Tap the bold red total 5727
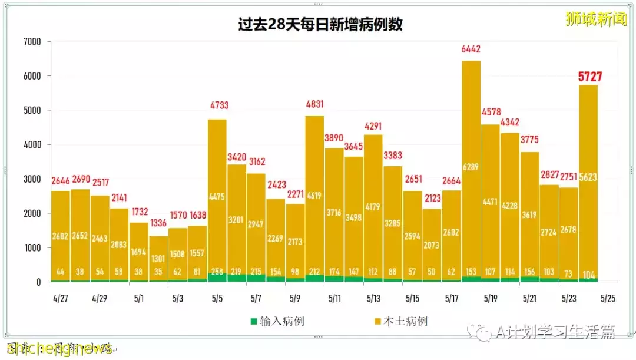(589, 77)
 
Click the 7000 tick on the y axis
(32, 42)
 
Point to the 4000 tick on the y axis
(32, 145)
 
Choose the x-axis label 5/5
(217, 299)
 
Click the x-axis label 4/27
(60, 299)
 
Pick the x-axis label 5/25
(608, 299)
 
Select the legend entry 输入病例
(282, 322)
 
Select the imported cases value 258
(217, 272)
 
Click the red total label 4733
(217, 106)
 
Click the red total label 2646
(61, 180)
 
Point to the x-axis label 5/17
(452, 299)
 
